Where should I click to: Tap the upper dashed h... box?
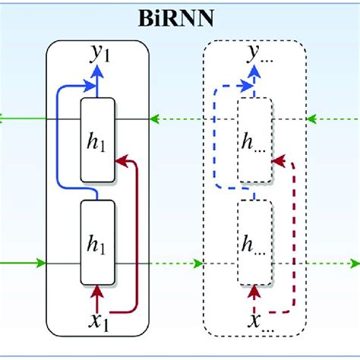(x=254, y=140)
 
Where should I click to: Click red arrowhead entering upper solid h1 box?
(x=120, y=161)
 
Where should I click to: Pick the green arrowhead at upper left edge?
(x=5, y=118)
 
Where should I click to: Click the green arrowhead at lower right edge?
(x=354, y=264)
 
